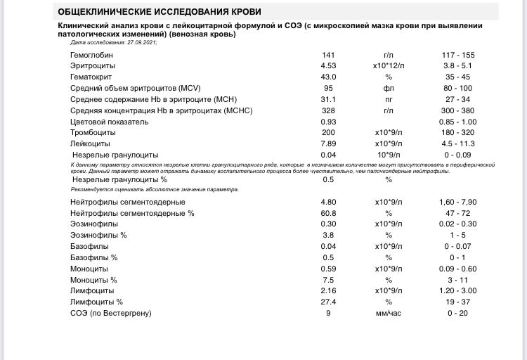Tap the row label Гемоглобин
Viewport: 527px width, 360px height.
91,54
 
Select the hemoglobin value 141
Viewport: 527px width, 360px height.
328,54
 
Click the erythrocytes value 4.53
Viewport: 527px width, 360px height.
328,65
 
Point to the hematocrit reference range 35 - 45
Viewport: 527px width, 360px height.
457,77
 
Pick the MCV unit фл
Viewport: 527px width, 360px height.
389,88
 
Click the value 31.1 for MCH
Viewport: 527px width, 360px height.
328,99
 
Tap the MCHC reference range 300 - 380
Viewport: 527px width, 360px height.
457,110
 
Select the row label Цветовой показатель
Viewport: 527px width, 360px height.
109,122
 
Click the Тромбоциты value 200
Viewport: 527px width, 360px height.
328,132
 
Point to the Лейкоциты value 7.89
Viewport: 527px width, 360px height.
328,143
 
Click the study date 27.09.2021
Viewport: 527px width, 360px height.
139,42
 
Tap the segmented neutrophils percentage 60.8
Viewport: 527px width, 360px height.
328,212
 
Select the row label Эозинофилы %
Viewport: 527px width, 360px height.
99,235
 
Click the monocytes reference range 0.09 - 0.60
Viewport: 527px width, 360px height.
457,268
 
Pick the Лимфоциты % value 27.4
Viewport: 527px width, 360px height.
328,302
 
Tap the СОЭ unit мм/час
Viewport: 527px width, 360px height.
389,313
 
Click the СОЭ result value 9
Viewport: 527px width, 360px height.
328,313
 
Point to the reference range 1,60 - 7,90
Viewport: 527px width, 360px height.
457,202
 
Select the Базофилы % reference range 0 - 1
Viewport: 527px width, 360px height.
457,257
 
